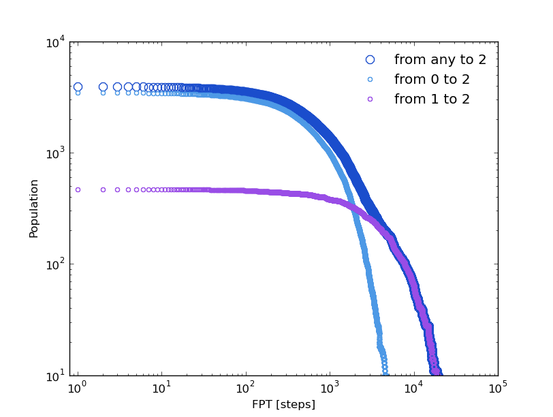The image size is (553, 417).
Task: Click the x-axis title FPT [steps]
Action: (x=283, y=404)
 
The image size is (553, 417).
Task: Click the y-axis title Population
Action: (x=34, y=208)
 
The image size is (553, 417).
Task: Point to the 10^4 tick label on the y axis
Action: (x=55, y=43)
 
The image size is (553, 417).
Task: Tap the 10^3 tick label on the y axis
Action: (x=55, y=153)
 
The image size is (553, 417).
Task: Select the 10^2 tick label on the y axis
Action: (x=55, y=264)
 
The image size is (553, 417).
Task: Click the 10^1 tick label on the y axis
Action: (x=55, y=375)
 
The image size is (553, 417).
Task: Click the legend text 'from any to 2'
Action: (x=440, y=60)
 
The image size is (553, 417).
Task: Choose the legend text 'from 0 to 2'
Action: (x=432, y=80)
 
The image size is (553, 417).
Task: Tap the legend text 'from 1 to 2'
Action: (x=432, y=99)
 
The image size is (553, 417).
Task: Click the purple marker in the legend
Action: (x=370, y=99)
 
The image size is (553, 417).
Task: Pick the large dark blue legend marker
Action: (x=370, y=60)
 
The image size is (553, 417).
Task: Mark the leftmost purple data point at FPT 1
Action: (x=78, y=189)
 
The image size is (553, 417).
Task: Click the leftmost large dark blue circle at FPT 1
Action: (x=78, y=87)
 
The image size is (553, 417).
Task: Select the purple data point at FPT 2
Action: (x=103, y=189)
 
